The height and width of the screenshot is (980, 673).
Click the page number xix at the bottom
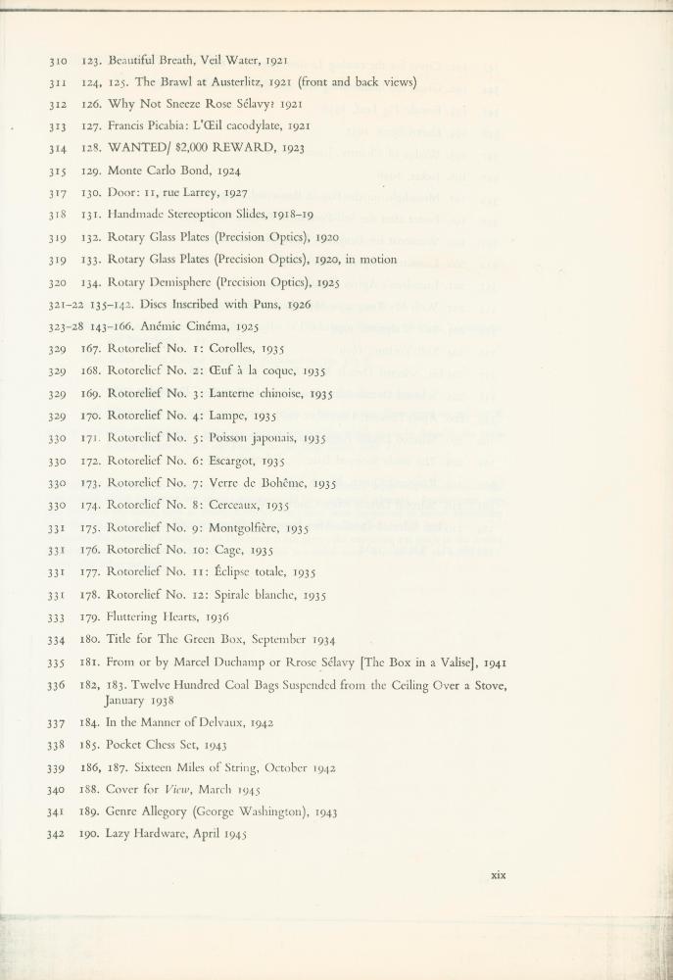[498, 875]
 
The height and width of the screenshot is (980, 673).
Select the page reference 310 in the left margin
[57, 60]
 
